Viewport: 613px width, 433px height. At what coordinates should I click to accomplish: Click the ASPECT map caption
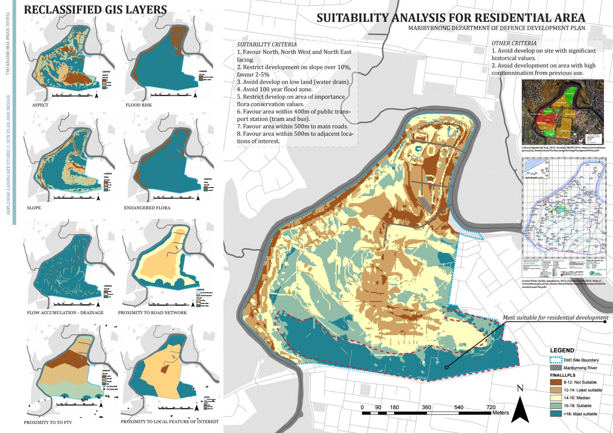[x=40, y=105]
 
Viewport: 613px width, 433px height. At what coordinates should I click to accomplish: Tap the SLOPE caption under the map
[x=33, y=208]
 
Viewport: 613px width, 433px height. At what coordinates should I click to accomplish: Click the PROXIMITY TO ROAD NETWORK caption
[x=152, y=313]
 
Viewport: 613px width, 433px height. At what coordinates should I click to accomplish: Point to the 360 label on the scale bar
[x=426, y=407]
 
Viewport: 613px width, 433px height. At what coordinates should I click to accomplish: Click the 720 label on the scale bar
[x=491, y=407]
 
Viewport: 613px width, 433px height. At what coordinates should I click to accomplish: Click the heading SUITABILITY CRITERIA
[x=267, y=44]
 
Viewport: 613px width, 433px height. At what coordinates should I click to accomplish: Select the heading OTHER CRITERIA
[x=514, y=43]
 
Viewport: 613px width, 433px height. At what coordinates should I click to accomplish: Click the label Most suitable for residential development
[x=555, y=318]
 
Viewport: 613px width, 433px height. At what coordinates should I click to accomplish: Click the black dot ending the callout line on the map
[x=446, y=368]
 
